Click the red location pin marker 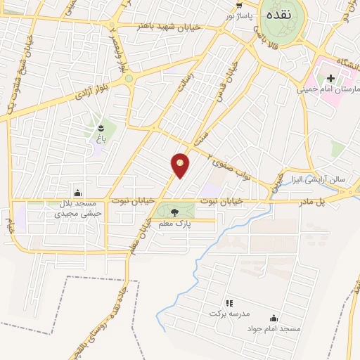click(181, 164)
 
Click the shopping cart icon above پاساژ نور click(239, 5)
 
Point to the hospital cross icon click(330, 77)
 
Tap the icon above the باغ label click(100, 128)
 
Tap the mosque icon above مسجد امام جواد click(274, 319)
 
